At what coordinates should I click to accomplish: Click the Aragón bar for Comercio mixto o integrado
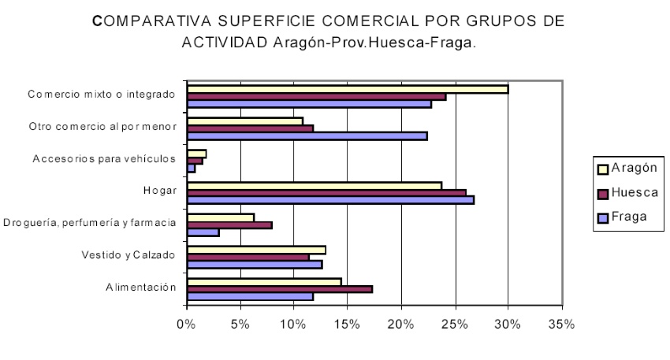[347, 89]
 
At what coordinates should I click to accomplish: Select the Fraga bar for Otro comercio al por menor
[307, 135]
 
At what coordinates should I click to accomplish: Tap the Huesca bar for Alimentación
[279, 289]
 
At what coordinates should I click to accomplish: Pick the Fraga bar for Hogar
[330, 200]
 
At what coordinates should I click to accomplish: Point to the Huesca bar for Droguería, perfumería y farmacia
[229, 225]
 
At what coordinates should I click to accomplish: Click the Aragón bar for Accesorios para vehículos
[196, 154]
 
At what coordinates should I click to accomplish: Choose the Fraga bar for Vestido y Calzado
[254, 265]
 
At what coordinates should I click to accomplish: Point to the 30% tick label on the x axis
[508, 325]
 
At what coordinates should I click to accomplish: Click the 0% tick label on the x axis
[186, 325]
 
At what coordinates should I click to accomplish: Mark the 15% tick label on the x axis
[348, 325]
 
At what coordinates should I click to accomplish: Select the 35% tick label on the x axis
[562, 325]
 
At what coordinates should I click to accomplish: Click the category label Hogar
[164, 191]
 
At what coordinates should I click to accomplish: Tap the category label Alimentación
[141, 288]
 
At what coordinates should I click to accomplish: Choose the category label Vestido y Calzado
[128, 254]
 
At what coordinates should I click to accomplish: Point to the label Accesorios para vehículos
[103, 158]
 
